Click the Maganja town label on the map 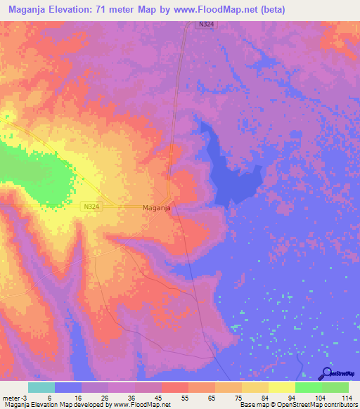[157, 208]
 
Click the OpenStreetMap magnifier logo [326, 374]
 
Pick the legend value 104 [321, 397]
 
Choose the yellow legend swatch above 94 [281, 387]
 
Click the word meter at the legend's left [11, 397]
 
